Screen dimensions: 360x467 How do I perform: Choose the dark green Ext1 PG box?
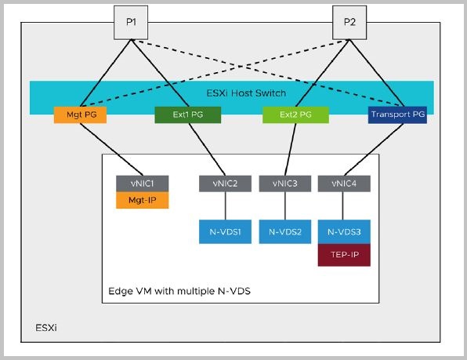click(x=189, y=115)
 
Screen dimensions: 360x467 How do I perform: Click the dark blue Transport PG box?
click(x=396, y=115)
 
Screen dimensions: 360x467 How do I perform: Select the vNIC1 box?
click(x=141, y=184)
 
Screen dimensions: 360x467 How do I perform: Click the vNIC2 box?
click(x=226, y=184)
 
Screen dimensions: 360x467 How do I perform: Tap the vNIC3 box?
click(x=285, y=184)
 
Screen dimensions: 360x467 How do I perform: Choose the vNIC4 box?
click(x=344, y=184)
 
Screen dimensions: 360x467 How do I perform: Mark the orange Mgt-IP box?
click(x=141, y=201)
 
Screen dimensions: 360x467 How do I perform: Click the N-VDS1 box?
click(x=226, y=231)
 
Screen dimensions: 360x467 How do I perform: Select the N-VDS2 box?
click(x=285, y=231)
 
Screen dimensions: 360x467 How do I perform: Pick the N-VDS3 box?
click(x=344, y=231)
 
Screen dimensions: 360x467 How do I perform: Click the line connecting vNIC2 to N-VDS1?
click(x=226, y=207)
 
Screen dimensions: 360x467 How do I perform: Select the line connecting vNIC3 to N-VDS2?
click(x=285, y=207)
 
